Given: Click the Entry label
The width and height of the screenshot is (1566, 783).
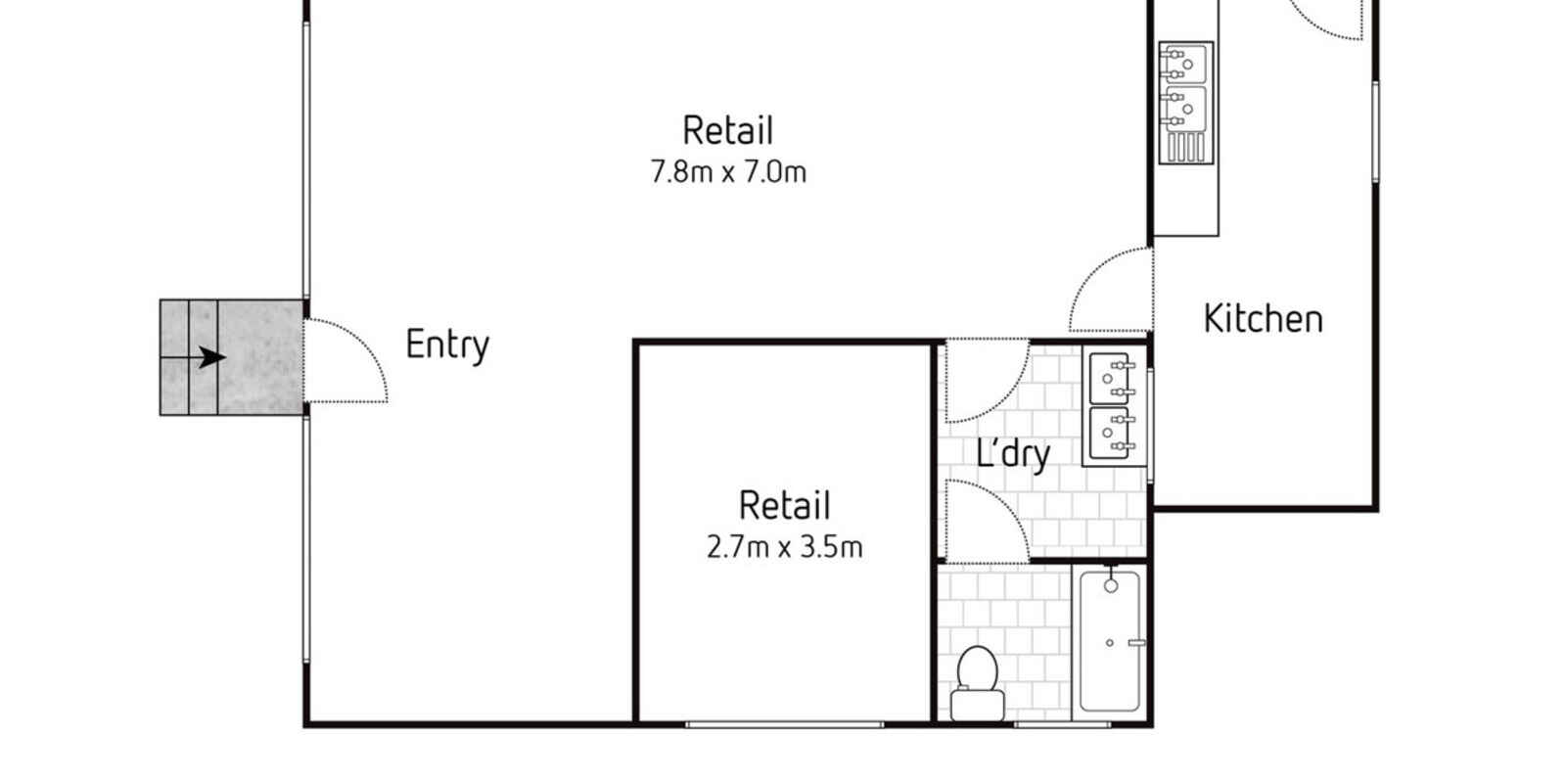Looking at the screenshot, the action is [447, 345].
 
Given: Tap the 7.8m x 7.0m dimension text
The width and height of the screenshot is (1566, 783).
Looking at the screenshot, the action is [728, 172].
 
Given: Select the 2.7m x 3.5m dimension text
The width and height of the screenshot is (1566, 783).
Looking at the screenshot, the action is [784, 547].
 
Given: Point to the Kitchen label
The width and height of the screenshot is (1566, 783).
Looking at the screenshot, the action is [1264, 319].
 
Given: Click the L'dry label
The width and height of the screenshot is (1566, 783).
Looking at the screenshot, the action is [1013, 454].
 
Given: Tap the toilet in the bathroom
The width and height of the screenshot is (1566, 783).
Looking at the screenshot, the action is [978, 684].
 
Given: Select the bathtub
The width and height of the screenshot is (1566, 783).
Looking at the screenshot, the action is [1110, 641].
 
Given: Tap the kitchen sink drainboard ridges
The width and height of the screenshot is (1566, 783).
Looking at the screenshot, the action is [1185, 148].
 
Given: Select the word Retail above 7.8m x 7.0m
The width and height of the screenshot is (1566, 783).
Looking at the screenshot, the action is [728, 131].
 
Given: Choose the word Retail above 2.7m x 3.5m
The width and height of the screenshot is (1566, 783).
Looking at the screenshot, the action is [784, 505].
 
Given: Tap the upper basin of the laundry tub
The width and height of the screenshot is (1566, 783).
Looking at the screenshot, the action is [1110, 378].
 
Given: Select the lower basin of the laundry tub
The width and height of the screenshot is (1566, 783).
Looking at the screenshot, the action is [1110, 434].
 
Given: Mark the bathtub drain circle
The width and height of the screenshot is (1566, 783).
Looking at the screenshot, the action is [1110, 643].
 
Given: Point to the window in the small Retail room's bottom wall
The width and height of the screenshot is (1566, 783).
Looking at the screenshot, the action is [784, 725].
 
